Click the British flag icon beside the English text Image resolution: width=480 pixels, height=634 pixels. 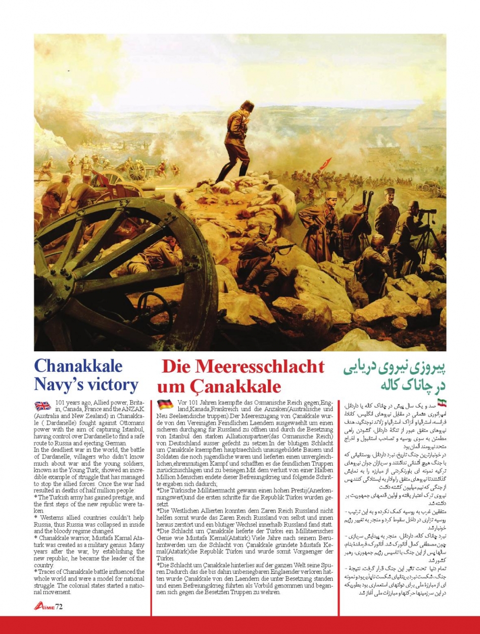[42, 405]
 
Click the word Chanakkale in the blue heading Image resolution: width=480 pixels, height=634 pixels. [78, 366]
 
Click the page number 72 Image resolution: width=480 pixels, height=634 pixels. [59, 606]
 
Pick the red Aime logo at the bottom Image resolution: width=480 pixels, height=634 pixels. [44, 606]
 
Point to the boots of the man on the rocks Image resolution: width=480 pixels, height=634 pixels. [232, 172]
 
